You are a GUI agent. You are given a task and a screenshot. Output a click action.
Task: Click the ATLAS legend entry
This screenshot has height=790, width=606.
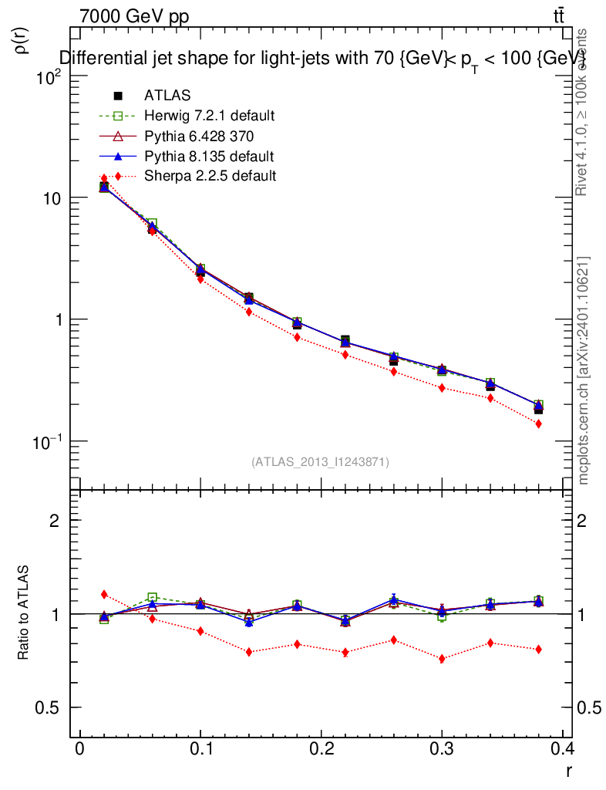click(x=167, y=96)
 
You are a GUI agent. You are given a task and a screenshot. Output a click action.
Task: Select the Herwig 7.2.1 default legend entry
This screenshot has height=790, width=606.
click(x=209, y=116)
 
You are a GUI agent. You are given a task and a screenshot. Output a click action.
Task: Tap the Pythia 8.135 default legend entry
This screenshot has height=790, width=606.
click(x=209, y=156)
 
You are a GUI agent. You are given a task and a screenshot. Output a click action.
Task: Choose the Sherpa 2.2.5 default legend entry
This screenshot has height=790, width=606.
click(x=210, y=176)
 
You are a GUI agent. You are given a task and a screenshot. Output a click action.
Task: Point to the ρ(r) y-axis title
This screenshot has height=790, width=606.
click(x=23, y=40)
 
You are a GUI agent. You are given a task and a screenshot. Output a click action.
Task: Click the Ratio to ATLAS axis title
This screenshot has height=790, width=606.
click(x=24, y=613)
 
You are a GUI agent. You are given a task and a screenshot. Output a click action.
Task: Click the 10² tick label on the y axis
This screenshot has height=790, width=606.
click(x=48, y=77)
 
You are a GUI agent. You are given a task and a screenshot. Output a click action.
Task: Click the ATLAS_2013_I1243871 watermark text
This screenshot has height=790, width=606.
click(x=320, y=462)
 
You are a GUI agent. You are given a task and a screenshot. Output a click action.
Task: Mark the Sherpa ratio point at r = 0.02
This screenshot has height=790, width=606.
click(x=104, y=594)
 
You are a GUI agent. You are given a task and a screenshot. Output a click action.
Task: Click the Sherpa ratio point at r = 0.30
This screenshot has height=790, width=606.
click(x=442, y=659)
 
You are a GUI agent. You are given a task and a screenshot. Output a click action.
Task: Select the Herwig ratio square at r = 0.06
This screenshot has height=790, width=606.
click(x=152, y=597)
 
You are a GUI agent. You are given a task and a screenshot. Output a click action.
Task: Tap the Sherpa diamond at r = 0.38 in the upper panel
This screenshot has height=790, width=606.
click(x=538, y=424)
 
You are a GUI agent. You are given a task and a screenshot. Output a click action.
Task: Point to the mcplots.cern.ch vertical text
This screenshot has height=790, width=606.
click(x=584, y=370)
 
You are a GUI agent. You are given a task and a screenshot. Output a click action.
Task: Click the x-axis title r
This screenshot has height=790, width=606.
click(x=568, y=770)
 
